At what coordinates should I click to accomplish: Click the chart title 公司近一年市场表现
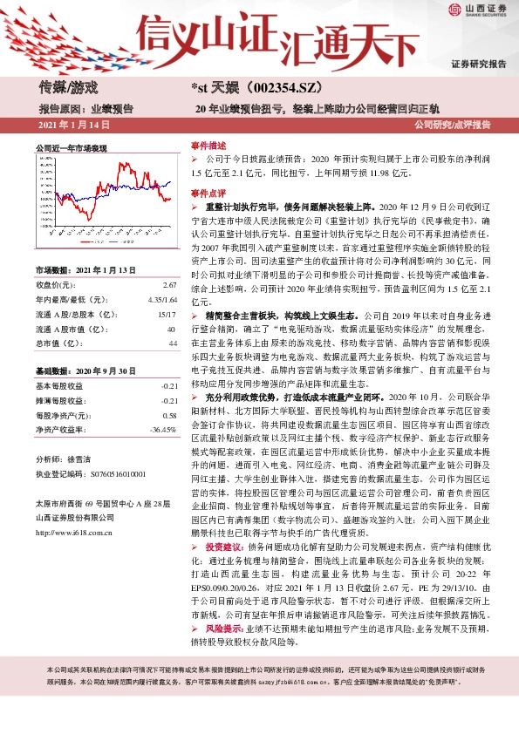(x=71, y=149)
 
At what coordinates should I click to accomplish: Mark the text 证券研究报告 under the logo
(x=479, y=65)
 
